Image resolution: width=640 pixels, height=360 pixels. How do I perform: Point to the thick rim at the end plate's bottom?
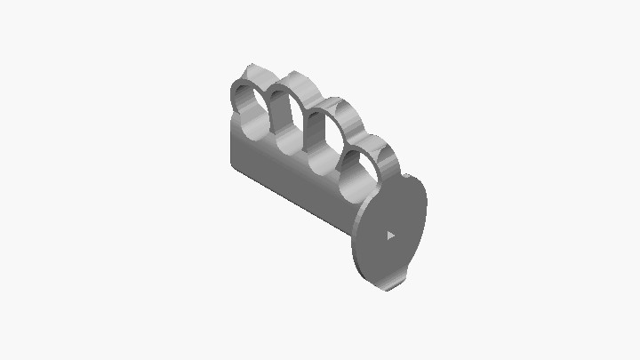coord(382,284)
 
